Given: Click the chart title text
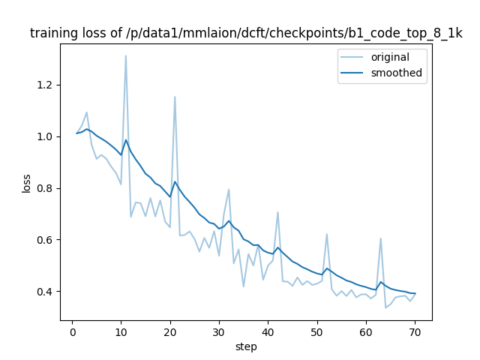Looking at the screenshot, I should point(246,34).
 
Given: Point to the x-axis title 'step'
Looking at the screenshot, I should point(246,346).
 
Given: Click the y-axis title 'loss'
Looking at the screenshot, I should point(26,182).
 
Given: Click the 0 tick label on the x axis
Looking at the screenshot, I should point(72,331).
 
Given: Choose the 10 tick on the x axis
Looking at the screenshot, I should point(121,331).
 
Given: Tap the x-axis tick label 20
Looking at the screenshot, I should point(169,331).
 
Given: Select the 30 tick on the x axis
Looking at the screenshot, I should point(219,331).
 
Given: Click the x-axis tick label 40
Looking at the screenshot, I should point(268,331).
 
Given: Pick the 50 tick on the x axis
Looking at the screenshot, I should point(317,331).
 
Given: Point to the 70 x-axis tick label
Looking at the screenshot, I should point(415,331).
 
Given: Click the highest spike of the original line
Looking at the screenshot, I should point(126,55).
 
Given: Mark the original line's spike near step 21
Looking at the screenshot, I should point(175,97).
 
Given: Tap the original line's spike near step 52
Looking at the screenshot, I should point(327,234).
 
